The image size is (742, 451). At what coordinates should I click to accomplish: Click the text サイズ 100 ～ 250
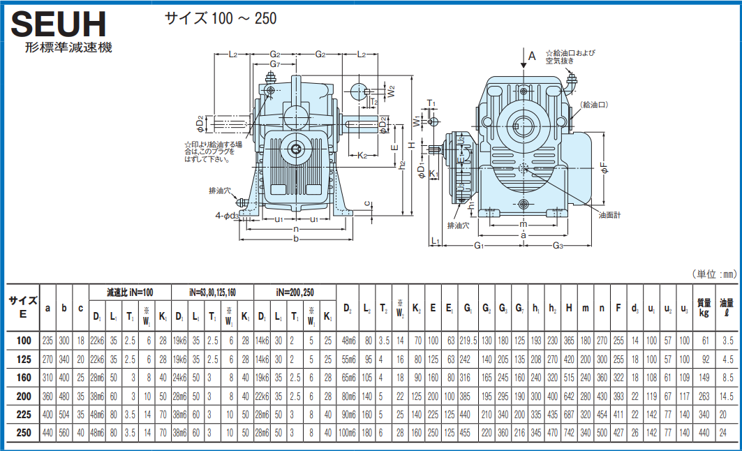tap(221, 17)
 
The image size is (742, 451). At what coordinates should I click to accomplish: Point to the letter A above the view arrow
tap(531, 57)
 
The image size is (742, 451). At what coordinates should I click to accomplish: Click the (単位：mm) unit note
tap(713, 274)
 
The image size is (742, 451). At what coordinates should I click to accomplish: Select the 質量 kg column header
tap(704, 308)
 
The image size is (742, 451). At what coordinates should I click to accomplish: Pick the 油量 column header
tap(727, 308)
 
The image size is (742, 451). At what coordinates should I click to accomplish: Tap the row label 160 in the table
tap(23, 378)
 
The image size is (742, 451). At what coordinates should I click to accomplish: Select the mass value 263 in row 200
tap(704, 396)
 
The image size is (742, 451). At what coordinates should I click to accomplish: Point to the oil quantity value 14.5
tap(727, 396)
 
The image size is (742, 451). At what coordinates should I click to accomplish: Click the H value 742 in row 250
tap(570, 432)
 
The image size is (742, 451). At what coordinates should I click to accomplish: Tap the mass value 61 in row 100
tap(704, 341)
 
